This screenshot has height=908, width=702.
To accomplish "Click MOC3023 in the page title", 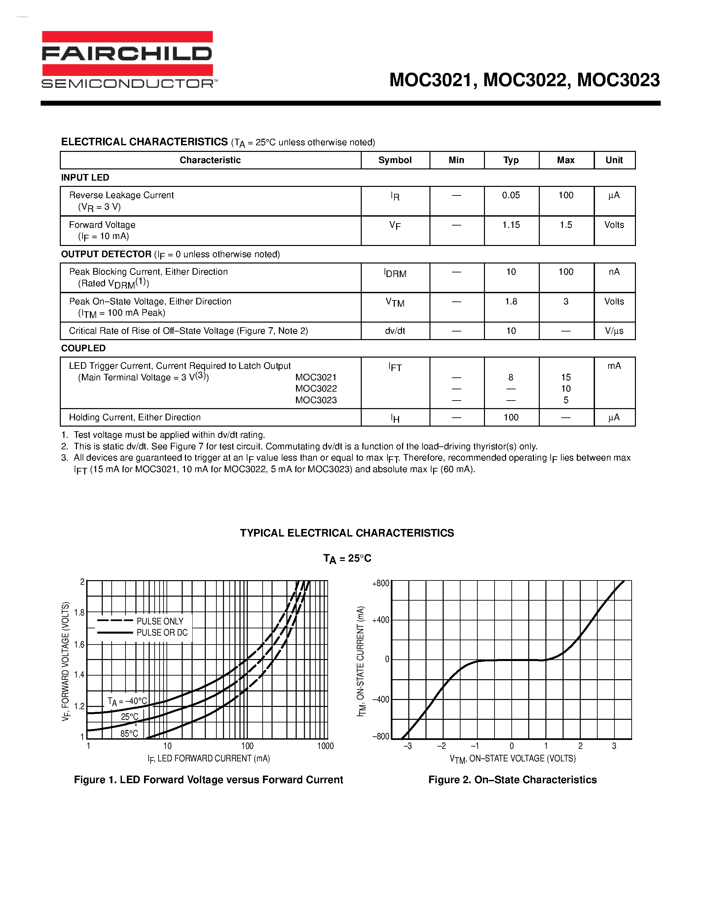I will tap(618, 80).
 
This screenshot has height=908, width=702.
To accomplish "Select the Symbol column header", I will tap(395, 160).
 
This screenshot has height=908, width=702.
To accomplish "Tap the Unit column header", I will tap(614, 160).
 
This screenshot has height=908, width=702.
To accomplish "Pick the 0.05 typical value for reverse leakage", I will tap(511, 195).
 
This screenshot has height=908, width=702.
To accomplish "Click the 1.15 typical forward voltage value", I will tap(511, 225).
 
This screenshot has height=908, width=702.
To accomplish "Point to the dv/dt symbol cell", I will tap(395, 331).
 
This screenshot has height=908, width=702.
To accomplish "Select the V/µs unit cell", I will tap(614, 331).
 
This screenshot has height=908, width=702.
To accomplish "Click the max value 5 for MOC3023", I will tap(566, 400).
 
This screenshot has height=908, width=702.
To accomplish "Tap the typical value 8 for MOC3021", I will tap(511, 377).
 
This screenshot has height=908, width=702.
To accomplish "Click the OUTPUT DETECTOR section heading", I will tap(106, 254).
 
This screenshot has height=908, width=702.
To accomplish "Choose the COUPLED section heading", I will tap(83, 348).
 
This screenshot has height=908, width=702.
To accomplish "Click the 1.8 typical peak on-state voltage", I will tap(511, 301).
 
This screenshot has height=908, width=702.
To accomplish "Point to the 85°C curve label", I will tap(129, 734).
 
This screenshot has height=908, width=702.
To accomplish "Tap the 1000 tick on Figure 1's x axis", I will tap(325, 746).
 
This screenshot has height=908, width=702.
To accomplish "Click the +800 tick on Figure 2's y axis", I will tap(381, 583).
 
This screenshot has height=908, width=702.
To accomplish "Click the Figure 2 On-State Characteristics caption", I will tap(512, 780).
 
